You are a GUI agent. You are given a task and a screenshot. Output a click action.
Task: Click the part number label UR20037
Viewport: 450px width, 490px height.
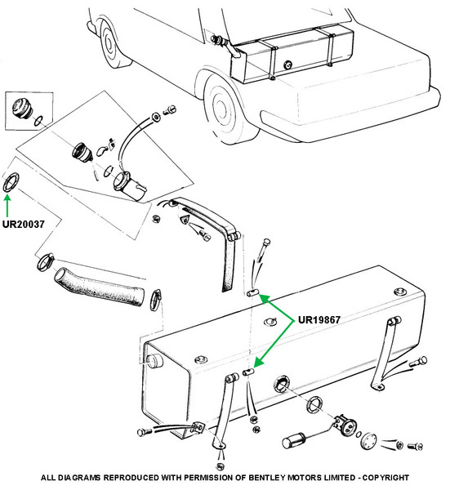tap(24, 224)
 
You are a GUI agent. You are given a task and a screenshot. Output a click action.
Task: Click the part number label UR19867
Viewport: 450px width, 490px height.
tap(319, 319)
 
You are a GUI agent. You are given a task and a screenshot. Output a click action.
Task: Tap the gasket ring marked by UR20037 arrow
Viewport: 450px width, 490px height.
tap(11, 182)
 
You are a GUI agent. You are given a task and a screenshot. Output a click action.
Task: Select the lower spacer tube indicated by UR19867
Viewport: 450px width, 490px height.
tap(248, 372)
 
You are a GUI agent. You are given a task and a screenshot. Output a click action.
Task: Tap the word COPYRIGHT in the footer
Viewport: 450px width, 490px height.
tap(385, 478)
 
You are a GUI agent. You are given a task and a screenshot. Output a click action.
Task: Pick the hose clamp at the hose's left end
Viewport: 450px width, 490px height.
tap(46, 262)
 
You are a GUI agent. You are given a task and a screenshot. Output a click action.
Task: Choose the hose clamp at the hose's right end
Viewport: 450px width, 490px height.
tap(156, 300)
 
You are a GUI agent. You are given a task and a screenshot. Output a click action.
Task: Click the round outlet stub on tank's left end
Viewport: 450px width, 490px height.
tap(154, 361)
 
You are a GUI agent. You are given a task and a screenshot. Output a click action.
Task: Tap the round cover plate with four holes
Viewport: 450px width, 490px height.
tap(368, 440)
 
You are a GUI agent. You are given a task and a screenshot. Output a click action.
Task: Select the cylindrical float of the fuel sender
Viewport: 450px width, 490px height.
tap(294, 440)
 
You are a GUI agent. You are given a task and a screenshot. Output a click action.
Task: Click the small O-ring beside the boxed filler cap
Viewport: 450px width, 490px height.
tap(38, 121)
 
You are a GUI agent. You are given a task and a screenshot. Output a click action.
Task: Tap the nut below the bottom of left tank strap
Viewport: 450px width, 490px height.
tap(221, 466)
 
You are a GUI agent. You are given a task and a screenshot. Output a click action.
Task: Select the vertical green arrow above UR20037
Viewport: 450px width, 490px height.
tap(7, 205)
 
